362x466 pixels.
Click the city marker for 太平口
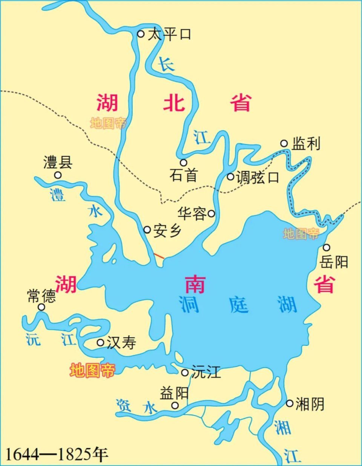140,34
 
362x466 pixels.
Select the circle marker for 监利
284,143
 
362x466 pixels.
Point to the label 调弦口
257,177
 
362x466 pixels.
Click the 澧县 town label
58,163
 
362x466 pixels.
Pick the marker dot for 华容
211,214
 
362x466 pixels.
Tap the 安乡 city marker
147,230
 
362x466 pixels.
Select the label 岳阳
334,262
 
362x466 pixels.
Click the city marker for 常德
41,307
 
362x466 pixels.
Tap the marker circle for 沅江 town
185,372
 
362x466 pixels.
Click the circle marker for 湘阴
289,403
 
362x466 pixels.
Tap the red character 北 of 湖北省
174,103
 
